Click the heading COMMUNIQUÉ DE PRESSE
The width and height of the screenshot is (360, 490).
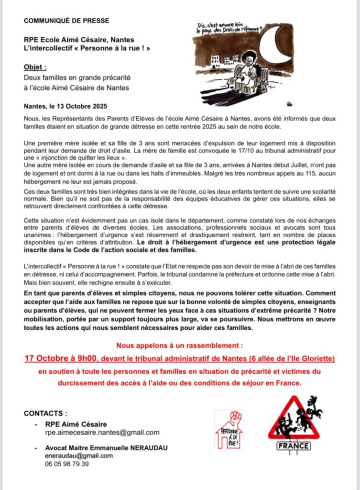(66, 21)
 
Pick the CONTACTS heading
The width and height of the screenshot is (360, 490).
(45, 413)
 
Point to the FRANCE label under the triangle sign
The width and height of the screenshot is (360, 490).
(294, 446)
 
